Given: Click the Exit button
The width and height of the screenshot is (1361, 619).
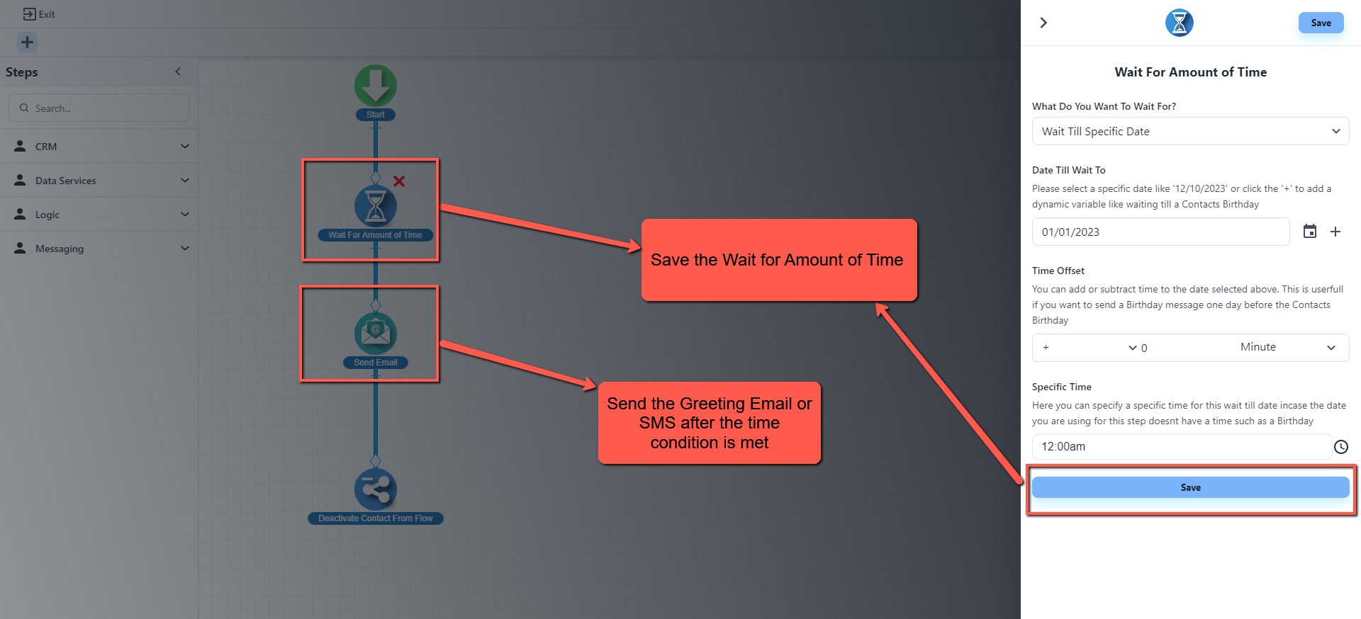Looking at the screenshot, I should pyautogui.click(x=39, y=14).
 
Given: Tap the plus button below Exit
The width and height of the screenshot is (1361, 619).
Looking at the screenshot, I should pyautogui.click(x=27, y=42).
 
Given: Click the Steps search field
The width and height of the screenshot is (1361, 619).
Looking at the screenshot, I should pyautogui.click(x=99, y=108).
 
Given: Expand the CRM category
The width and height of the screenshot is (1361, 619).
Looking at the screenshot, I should pyautogui.click(x=99, y=147).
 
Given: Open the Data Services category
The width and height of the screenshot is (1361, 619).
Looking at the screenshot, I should pyautogui.click(x=99, y=181).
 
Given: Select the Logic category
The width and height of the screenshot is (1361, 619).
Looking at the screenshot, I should pyautogui.click(x=99, y=215).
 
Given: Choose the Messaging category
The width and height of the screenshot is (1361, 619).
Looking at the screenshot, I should pyautogui.click(x=99, y=249).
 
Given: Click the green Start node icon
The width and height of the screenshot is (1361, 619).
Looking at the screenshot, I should pyautogui.click(x=376, y=86).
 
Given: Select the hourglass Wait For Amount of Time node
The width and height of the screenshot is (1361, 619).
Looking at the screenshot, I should pyautogui.click(x=376, y=207).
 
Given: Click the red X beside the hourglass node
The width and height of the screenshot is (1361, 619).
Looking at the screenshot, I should pyautogui.click(x=399, y=181).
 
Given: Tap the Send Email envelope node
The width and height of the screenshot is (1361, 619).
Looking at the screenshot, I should pyautogui.click(x=376, y=334).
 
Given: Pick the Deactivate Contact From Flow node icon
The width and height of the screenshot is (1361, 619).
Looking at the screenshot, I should pyautogui.click(x=376, y=489).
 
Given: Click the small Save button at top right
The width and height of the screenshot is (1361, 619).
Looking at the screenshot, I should pyautogui.click(x=1321, y=23).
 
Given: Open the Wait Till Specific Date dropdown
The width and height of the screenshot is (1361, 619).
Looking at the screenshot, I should pyautogui.click(x=1190, y=132).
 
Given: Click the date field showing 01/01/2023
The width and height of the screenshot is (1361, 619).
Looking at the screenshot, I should pyautogui.click(x=1160, y=232).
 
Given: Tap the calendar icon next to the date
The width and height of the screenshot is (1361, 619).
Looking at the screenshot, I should pyautogui.click(x=1310, y=232).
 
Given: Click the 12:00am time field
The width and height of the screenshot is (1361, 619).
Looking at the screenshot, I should pyautogui.click(x=1181, y=447).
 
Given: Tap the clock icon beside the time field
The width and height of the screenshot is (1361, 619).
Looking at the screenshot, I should pyautogui.click(x=1341, y=447).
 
